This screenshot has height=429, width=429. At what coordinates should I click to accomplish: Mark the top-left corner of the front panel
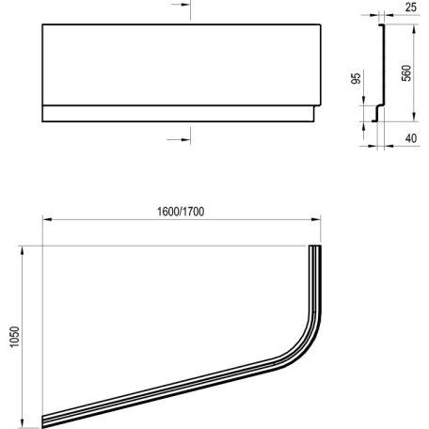(43, 25)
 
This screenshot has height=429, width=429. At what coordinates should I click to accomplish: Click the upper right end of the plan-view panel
(315, 248)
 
